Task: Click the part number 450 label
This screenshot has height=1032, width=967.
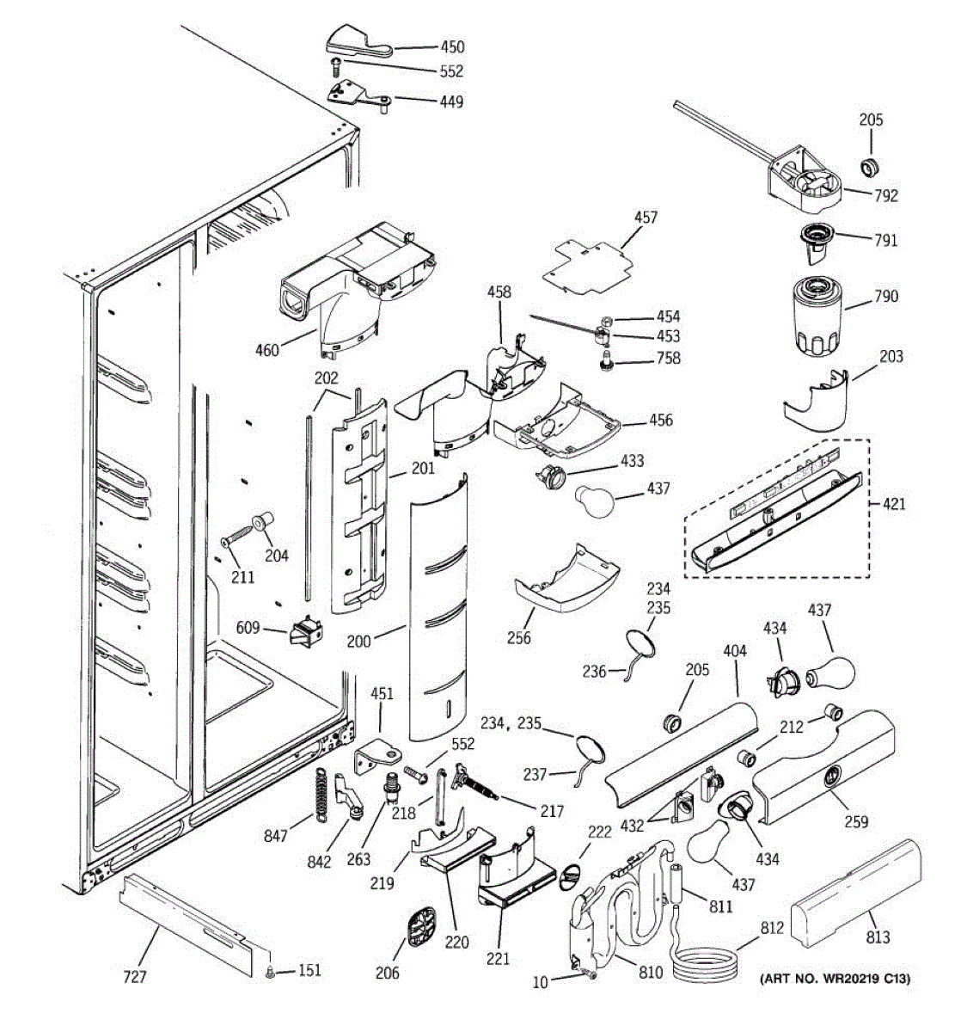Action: coord(452,46)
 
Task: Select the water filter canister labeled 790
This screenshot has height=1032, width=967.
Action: coord(817,316)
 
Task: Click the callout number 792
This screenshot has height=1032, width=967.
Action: coord(886,195)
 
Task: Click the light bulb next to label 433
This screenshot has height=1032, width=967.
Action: coord(595,500)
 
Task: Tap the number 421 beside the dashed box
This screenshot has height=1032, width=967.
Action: coord(894,503)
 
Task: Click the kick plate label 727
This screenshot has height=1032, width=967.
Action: coord(135,977)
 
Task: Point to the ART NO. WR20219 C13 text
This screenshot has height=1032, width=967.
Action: coord(835,979)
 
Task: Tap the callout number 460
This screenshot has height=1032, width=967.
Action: coord(267,350)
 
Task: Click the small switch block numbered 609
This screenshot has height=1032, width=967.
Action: coord(307,632)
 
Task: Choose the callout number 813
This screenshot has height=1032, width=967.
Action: coord(878,937)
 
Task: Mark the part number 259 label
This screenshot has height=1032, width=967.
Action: coord(856,821)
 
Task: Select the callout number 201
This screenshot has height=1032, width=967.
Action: coord(423,468)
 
